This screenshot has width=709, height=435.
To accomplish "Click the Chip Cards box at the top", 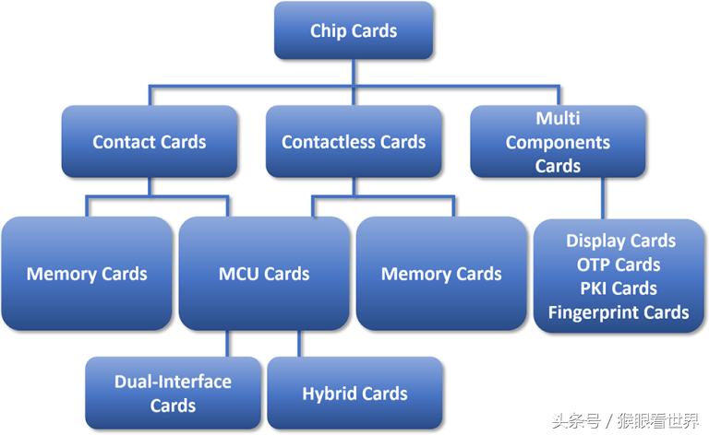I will coord(354,30).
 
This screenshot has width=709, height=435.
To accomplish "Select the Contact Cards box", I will coord(149,142).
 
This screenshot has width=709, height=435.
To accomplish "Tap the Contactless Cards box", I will coord(354,142).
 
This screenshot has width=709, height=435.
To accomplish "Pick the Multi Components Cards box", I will coord(558,142).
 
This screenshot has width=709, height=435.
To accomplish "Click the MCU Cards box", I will coord(264,274).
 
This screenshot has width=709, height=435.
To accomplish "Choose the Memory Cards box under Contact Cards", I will coord(86,274).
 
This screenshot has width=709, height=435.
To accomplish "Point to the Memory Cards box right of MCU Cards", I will coord(441,274).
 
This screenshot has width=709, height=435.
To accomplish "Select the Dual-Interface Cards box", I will coord(173,394).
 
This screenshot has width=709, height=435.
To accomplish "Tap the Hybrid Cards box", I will coord(354,394).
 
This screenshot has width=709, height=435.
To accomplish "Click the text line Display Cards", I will coord(620,241).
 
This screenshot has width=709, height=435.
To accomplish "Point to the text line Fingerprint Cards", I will coord(619,312).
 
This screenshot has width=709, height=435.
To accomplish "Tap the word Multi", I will coord(558,119).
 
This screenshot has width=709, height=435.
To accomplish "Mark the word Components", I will coord(558,143).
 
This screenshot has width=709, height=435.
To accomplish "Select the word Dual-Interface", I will coord(173,382).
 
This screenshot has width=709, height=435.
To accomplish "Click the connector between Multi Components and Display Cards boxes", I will coord(604,197).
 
